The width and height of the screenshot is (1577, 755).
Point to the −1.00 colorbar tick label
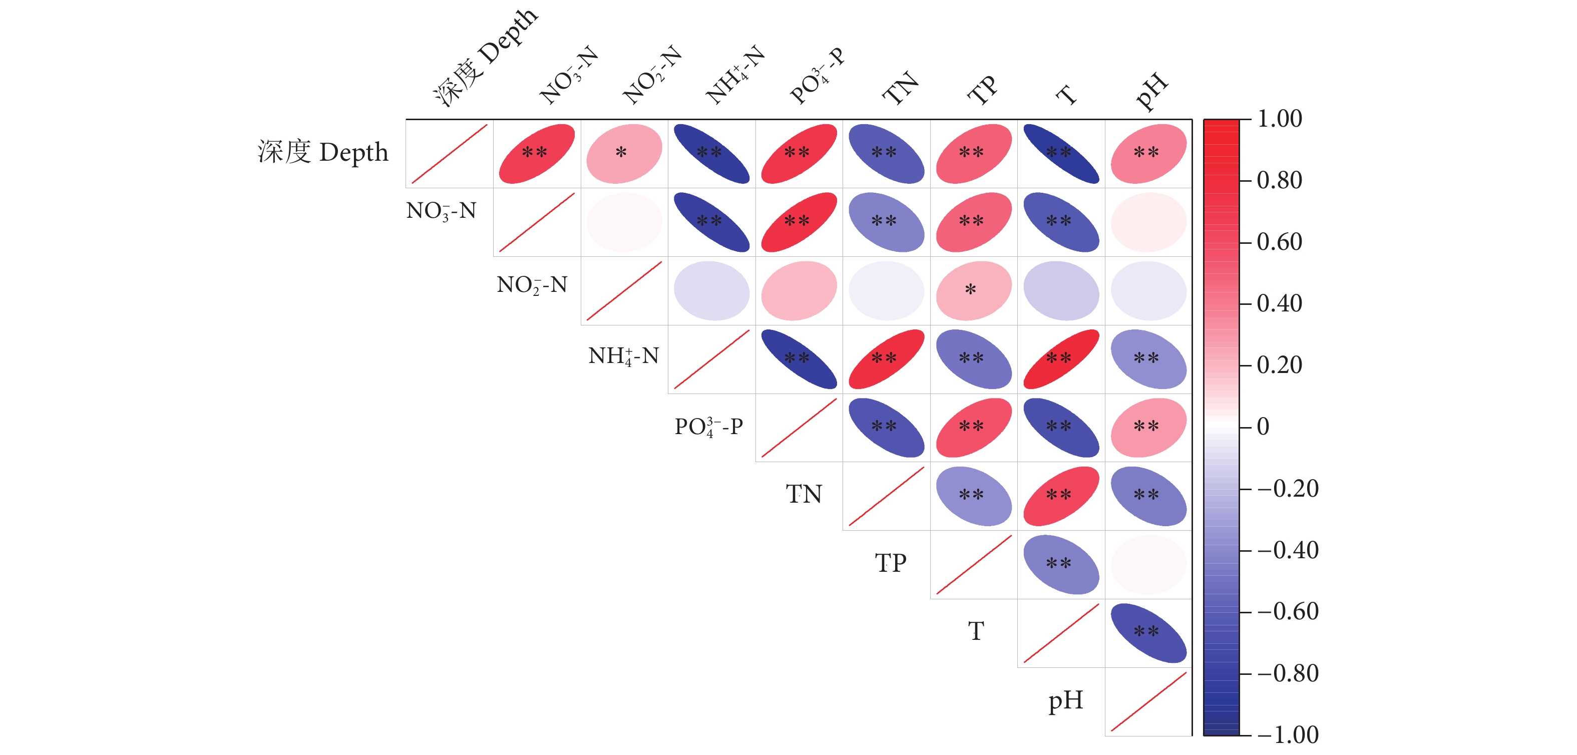1288,735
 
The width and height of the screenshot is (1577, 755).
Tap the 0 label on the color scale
1263,427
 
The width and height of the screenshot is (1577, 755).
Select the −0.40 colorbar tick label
1288,550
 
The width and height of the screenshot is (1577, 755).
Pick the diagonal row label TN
804,494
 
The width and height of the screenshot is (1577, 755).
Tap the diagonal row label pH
1065,700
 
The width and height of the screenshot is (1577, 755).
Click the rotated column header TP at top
982,91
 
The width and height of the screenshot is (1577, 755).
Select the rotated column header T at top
1066,95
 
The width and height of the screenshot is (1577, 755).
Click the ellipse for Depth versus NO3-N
537,154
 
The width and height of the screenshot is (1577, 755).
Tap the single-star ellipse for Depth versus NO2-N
624,154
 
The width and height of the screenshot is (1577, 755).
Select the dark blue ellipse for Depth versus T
1061,154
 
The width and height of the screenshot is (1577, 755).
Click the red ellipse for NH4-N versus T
1061,359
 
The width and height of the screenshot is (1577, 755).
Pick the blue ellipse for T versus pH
1148,633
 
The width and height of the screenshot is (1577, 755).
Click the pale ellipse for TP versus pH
1148,565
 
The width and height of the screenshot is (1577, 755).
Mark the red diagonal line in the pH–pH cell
1148,702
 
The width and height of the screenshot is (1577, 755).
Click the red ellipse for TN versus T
1061,496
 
